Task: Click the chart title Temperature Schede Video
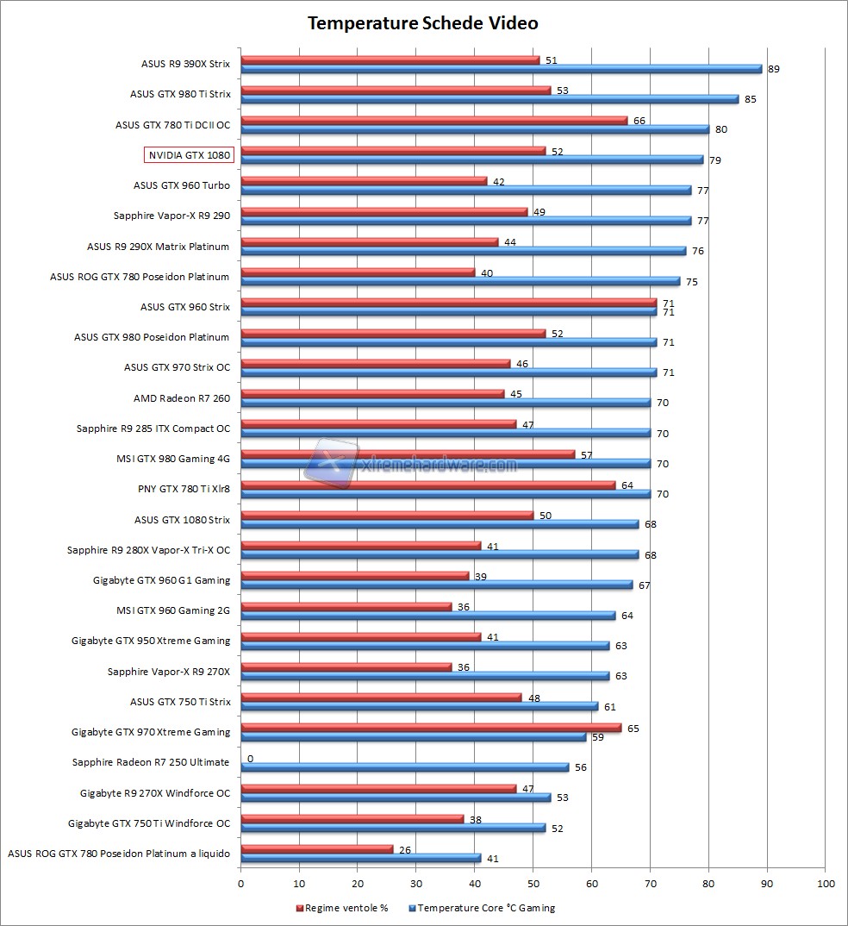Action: [423, 23]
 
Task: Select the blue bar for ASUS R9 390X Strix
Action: [501, 69]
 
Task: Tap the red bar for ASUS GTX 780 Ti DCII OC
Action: [433, 121]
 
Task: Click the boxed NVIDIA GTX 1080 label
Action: [189, 155]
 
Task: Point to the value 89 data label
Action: [774, 69]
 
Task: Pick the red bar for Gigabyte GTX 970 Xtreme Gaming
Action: [431, 728]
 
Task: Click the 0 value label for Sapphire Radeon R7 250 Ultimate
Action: [250, 759]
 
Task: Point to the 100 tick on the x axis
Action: [826, 884]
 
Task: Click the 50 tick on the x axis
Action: [533, 884]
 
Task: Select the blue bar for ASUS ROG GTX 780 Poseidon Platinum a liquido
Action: [361, 858]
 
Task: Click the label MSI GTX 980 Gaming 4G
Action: [173, 459]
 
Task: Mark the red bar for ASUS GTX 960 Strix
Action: [448, 303]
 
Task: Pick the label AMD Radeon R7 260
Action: [182, 398]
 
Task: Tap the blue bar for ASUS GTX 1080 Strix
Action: [440, 524]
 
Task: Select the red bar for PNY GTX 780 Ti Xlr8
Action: [427, 485]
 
